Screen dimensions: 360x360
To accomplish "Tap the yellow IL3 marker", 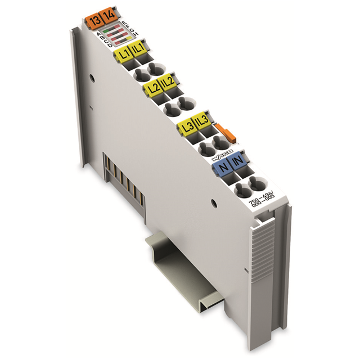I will tap(201, 121).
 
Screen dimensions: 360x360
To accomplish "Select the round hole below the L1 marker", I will tap(139, 71).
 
